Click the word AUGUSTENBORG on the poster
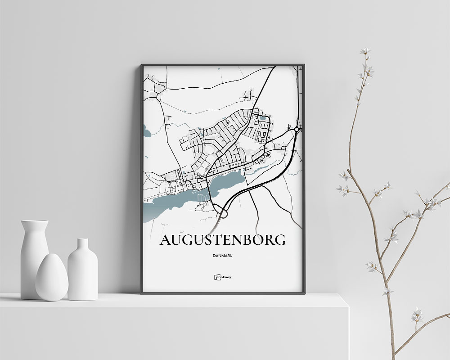pyautogui.click(x=222, y=240)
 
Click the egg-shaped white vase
pyautogui.click(x=52, y=277)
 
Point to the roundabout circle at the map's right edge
pyautogui.click(x=297, y=130)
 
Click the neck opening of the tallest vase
pyautogui.click(x=35, y=221)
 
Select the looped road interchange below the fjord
pyautogui.click(x=221, y=211)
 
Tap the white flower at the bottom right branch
pyautogui.click(x=417, y=314)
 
